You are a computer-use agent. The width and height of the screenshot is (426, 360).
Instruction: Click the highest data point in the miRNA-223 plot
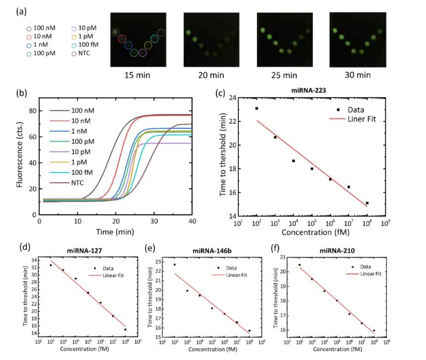click(x=257, y=108)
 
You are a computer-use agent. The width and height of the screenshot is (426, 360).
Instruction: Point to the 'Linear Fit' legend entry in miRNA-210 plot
click(x=372, y=273)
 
